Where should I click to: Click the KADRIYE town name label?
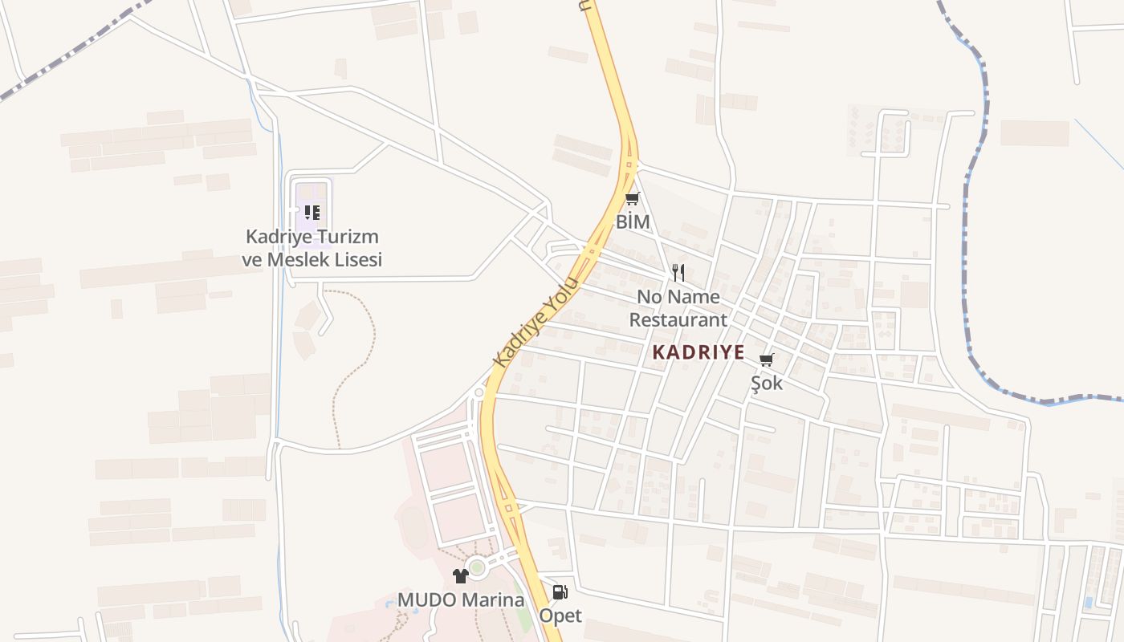(698, 352)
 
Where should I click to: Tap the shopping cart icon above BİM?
(633, 199)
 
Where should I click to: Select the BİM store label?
(633, 222)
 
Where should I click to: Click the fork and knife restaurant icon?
(678, 273)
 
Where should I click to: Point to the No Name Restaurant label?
(678, 308)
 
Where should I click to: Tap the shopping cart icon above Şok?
(767, 360)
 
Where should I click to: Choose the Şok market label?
(767, 384)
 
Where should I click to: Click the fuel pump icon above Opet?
(560, 593)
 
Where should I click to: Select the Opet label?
(560, 616)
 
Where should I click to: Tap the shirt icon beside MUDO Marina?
(461, 576)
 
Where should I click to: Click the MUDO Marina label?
(461, 600)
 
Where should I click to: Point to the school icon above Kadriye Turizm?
(312, 213)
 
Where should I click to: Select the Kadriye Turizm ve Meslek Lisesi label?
(312, 248)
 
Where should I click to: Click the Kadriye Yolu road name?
(536, 322)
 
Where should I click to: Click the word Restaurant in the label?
(678, 319)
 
